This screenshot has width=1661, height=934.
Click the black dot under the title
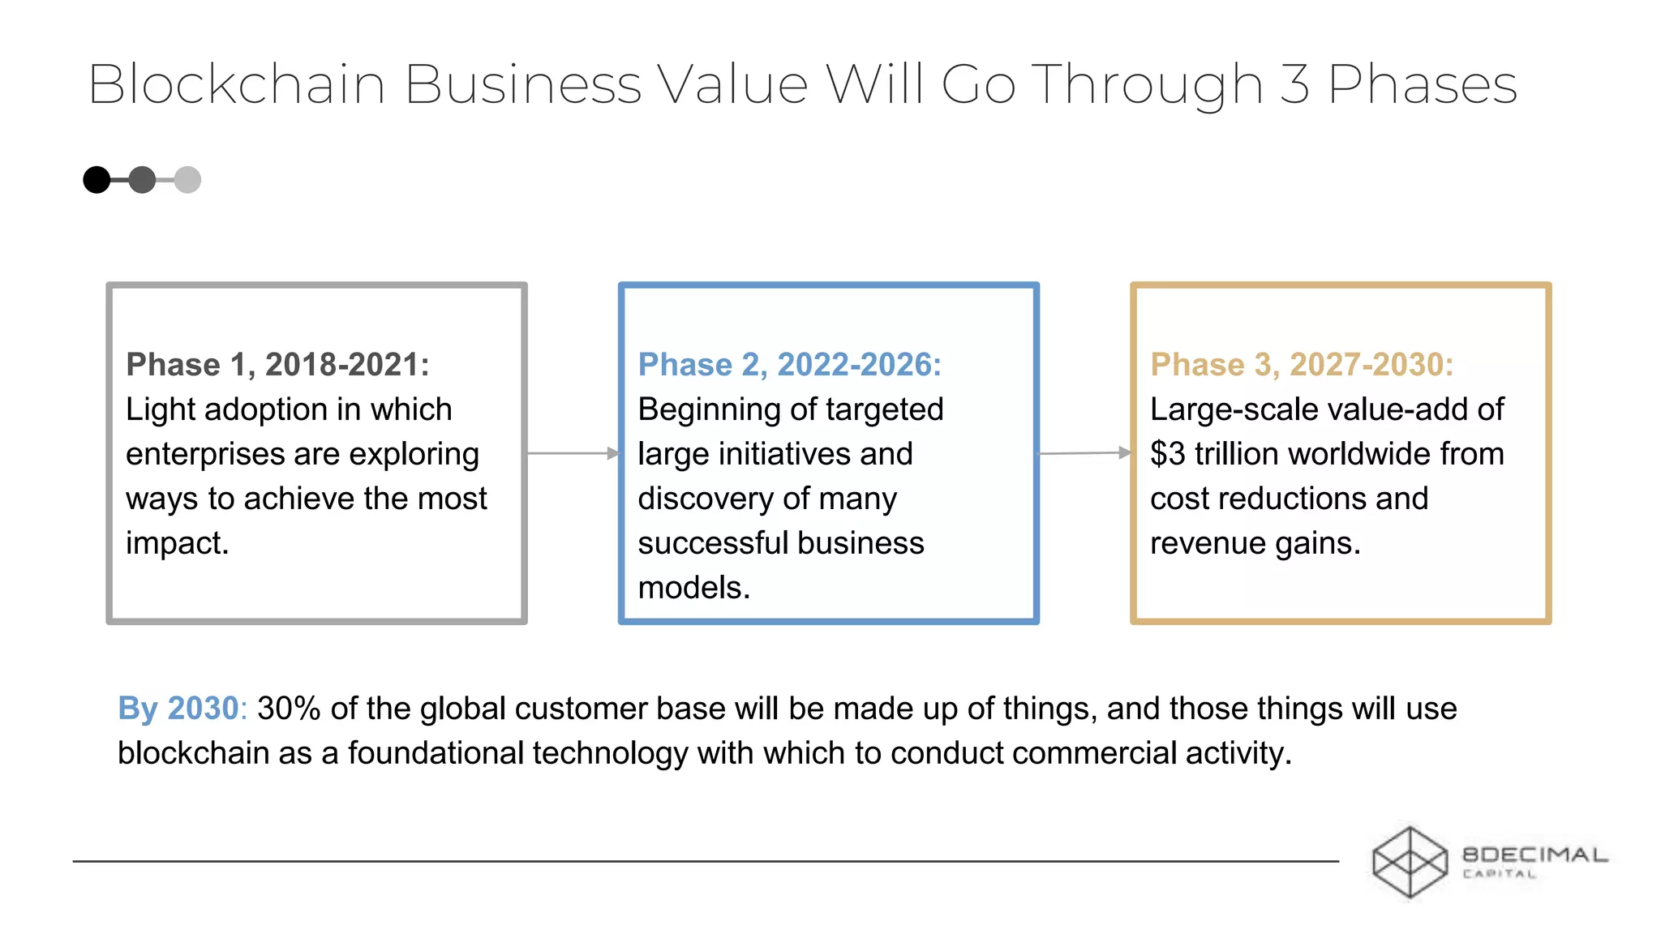(97, 180)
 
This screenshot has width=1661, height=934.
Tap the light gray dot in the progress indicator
(187, 180)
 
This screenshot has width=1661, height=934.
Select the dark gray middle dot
(142, 180)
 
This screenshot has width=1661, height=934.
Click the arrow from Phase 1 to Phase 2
(573, 453)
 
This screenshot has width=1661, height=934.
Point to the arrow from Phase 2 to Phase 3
(1084, 453)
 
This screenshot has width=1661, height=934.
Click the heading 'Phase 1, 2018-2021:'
(277, 365)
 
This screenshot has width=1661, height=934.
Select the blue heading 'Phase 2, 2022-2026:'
(789, 365)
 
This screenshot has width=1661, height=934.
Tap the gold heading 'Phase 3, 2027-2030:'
(1302, 365)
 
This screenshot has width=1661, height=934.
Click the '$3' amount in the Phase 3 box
(1168, 454)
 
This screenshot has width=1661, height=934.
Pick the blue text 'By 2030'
(178, 709)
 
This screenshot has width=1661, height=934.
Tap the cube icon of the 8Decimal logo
(1410, 862)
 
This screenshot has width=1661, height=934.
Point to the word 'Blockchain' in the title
(236, 84)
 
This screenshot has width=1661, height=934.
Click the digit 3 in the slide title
(1294, 84)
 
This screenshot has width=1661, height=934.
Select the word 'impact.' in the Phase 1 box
(177, 543)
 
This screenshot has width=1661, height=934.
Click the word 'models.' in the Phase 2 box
(693, 588)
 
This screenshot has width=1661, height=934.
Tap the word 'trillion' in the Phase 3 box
(1237, 454)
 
